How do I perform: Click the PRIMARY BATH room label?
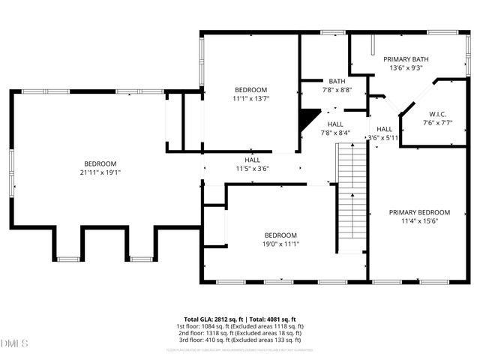(406, 58)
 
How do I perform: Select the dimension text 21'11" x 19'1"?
(100, 172)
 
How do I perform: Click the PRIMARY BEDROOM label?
(419, 212)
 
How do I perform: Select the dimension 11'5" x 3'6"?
(252, 169)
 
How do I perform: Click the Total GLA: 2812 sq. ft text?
(214, 319)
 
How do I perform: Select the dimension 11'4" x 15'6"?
(419, 220)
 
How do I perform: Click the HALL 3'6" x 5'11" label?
(384, 133)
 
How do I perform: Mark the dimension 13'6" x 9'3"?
(406, 67)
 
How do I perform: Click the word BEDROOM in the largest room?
(100, 163)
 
